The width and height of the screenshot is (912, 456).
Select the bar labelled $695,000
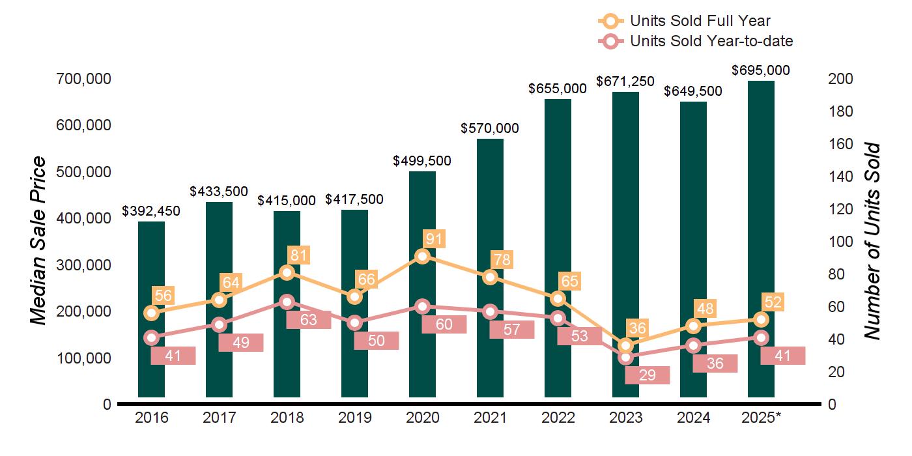point(761,239)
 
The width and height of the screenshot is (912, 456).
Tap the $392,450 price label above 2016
point(151,211)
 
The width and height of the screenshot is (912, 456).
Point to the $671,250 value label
point(625,81)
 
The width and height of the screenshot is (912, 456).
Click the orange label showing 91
point(434,238)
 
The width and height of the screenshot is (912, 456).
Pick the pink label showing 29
point(648,375)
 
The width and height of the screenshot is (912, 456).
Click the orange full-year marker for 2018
point(287,272)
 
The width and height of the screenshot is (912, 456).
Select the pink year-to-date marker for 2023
point(626,358)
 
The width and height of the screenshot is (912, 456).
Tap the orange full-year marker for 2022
point(558,299)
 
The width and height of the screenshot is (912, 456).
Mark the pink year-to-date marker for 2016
point(151,337)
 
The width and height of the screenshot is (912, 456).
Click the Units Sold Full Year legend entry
point(685,20)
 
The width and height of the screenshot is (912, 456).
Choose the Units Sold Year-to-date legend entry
point(696,41)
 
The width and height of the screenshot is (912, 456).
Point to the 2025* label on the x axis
point(761,418)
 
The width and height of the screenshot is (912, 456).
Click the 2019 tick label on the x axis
point(354,418)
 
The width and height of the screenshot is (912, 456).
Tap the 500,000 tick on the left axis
point(83,172)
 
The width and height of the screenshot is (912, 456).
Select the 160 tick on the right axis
point(840,144)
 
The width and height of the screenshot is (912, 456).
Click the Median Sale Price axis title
point(38,240)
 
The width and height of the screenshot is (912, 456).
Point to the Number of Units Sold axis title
point(872,242)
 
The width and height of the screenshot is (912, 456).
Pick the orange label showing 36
point(637,328)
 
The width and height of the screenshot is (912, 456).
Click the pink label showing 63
point(309,320)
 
